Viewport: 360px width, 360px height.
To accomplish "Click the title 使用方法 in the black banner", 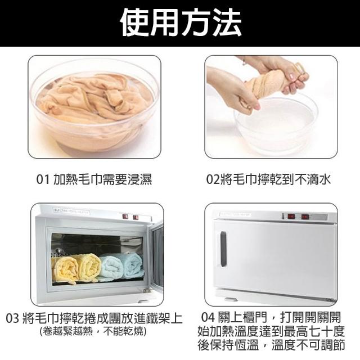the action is point(181,22).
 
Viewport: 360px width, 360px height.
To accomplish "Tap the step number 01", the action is point(43,179).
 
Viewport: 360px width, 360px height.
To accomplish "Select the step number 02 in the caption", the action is point(213,179).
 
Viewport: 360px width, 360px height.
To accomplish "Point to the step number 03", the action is point(12,318).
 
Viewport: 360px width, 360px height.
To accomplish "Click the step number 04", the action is point(208,317).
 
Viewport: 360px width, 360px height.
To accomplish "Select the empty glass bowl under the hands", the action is point(276,125).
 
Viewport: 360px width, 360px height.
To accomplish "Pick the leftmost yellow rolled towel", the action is point(66,269).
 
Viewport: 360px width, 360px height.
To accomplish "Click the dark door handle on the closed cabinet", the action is point(223,249).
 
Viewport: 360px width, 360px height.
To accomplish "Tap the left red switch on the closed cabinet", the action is point(291,216).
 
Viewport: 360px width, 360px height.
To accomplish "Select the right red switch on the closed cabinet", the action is point(305,217).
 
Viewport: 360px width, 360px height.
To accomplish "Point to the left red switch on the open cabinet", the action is point(125,216).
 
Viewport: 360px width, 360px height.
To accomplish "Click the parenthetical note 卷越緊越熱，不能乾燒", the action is point(93,331).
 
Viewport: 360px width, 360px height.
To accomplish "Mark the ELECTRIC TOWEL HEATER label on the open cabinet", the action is point(71,211).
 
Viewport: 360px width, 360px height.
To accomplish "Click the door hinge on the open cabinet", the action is point(147,290).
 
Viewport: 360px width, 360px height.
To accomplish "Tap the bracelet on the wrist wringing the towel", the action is point(244,61).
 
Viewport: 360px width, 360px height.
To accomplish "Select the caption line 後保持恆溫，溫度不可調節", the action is point(271,345).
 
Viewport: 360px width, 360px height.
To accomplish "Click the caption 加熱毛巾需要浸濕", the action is point(102,179).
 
